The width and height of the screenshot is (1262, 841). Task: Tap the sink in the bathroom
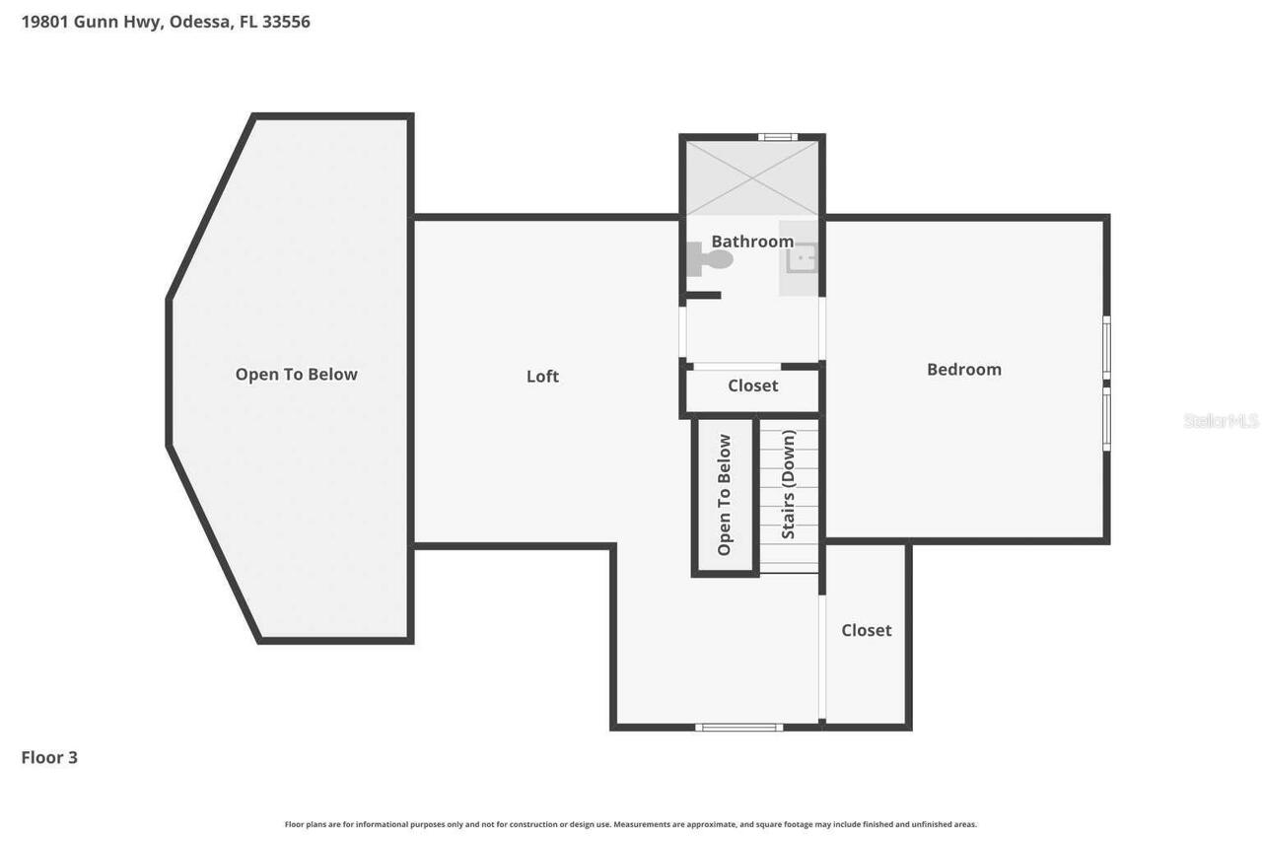(801, 258)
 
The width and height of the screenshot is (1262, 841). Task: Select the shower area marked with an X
(752, 177)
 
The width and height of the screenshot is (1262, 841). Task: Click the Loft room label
(542, 376)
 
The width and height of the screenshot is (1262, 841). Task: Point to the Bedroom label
(963, 369)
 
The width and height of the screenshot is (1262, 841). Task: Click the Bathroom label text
(752, 241)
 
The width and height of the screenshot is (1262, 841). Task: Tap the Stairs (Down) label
(788, 484)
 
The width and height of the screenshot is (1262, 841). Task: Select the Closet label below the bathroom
(752, 385)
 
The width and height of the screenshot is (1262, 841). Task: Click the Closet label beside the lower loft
(866, 630)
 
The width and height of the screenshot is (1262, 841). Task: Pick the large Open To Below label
(296, 374)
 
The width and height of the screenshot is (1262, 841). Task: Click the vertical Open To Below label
(725, 495)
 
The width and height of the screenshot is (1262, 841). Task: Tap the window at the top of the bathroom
(777, 137)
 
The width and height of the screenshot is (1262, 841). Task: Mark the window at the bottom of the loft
(738, 728)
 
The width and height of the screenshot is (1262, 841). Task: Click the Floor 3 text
(49, 757)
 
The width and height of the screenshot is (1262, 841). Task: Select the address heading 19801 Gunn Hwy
(166, 21)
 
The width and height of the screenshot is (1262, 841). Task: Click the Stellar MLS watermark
(1221, 421)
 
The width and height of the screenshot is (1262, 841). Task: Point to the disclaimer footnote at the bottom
(631, 824)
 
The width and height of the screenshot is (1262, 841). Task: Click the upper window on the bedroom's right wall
(1106, 347)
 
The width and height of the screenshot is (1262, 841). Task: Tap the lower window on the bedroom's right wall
(1106, 418)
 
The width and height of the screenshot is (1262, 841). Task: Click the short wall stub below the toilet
(704, 295)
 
